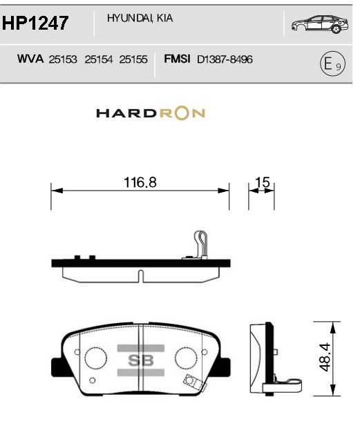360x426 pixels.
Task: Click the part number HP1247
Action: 35,23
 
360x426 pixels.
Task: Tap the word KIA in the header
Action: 164,18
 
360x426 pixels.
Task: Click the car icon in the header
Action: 320,24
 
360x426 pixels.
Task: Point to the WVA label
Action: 30,59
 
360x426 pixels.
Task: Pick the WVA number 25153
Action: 63,59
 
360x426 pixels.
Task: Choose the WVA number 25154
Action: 98,59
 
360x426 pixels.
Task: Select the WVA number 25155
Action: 133,59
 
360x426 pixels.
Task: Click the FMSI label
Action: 177,59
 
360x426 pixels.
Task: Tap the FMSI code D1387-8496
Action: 225,59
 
